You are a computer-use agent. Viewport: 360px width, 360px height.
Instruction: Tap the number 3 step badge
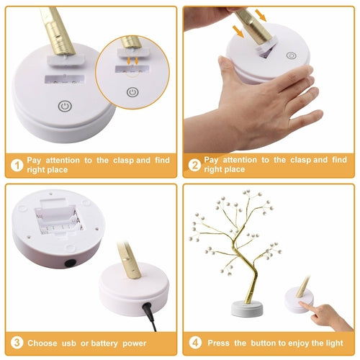click(x=16, y=343)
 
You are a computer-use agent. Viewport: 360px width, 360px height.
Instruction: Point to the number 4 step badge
click(x=194, y=343)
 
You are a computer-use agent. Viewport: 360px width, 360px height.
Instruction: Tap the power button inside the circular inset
click(x=132, y=91)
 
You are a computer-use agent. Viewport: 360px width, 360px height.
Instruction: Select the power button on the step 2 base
click(x=291, y=55)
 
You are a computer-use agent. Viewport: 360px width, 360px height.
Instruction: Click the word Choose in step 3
click(x=42, y=343)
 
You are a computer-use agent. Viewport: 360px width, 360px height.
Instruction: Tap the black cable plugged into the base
click(x=149, y=312)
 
